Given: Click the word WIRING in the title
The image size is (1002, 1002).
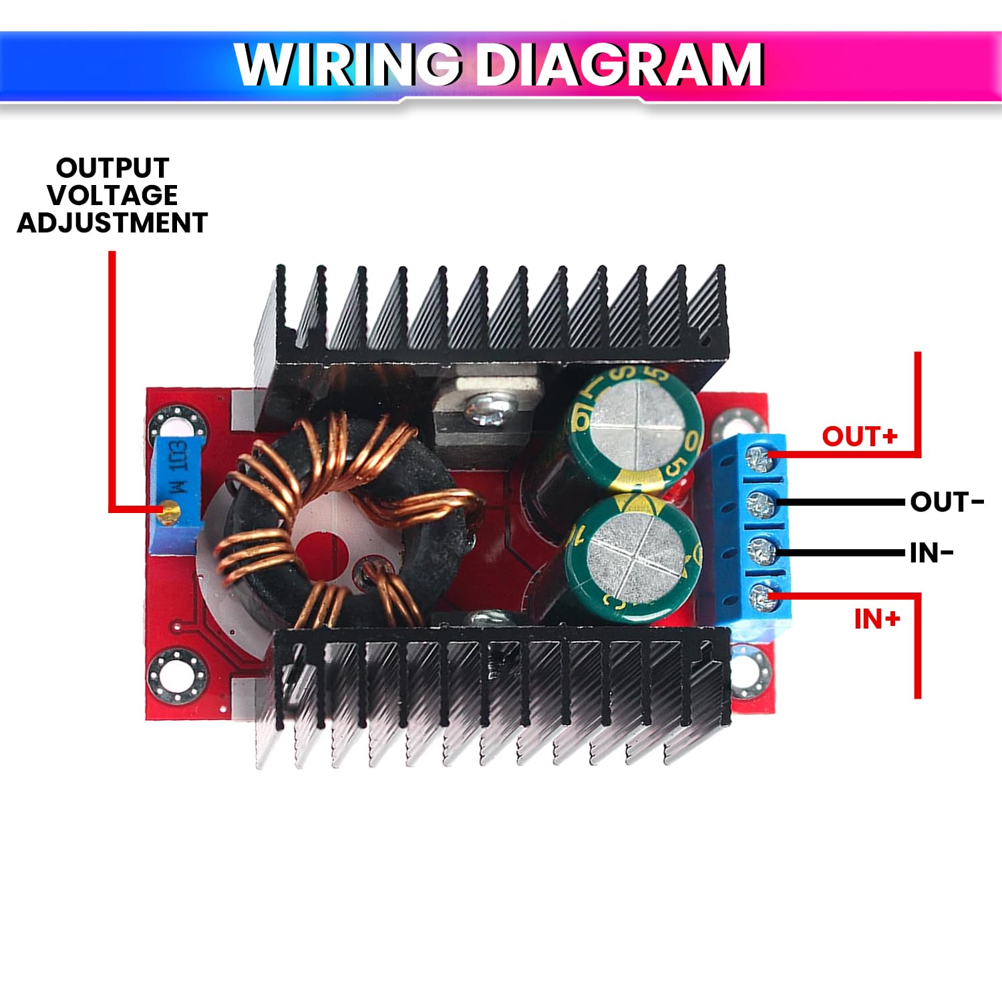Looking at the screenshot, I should (x=347, y=65).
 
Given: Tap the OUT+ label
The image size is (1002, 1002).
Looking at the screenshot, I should (x=859, y=436).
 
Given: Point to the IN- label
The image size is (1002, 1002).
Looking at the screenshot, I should (x=931, y=553).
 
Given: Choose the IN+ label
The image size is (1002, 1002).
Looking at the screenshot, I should (x=877, y=619).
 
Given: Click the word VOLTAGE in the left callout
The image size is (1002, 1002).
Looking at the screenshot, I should (x=112, y=195).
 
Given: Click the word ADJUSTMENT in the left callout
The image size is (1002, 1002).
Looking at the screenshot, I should (x=112, y=222).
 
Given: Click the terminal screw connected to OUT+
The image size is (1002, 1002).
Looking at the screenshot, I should (x=760, y=458).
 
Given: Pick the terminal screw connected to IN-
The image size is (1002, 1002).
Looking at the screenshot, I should (x=760, y=552).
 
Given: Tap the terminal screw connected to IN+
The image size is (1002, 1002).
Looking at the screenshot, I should (x=760, y=598).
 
